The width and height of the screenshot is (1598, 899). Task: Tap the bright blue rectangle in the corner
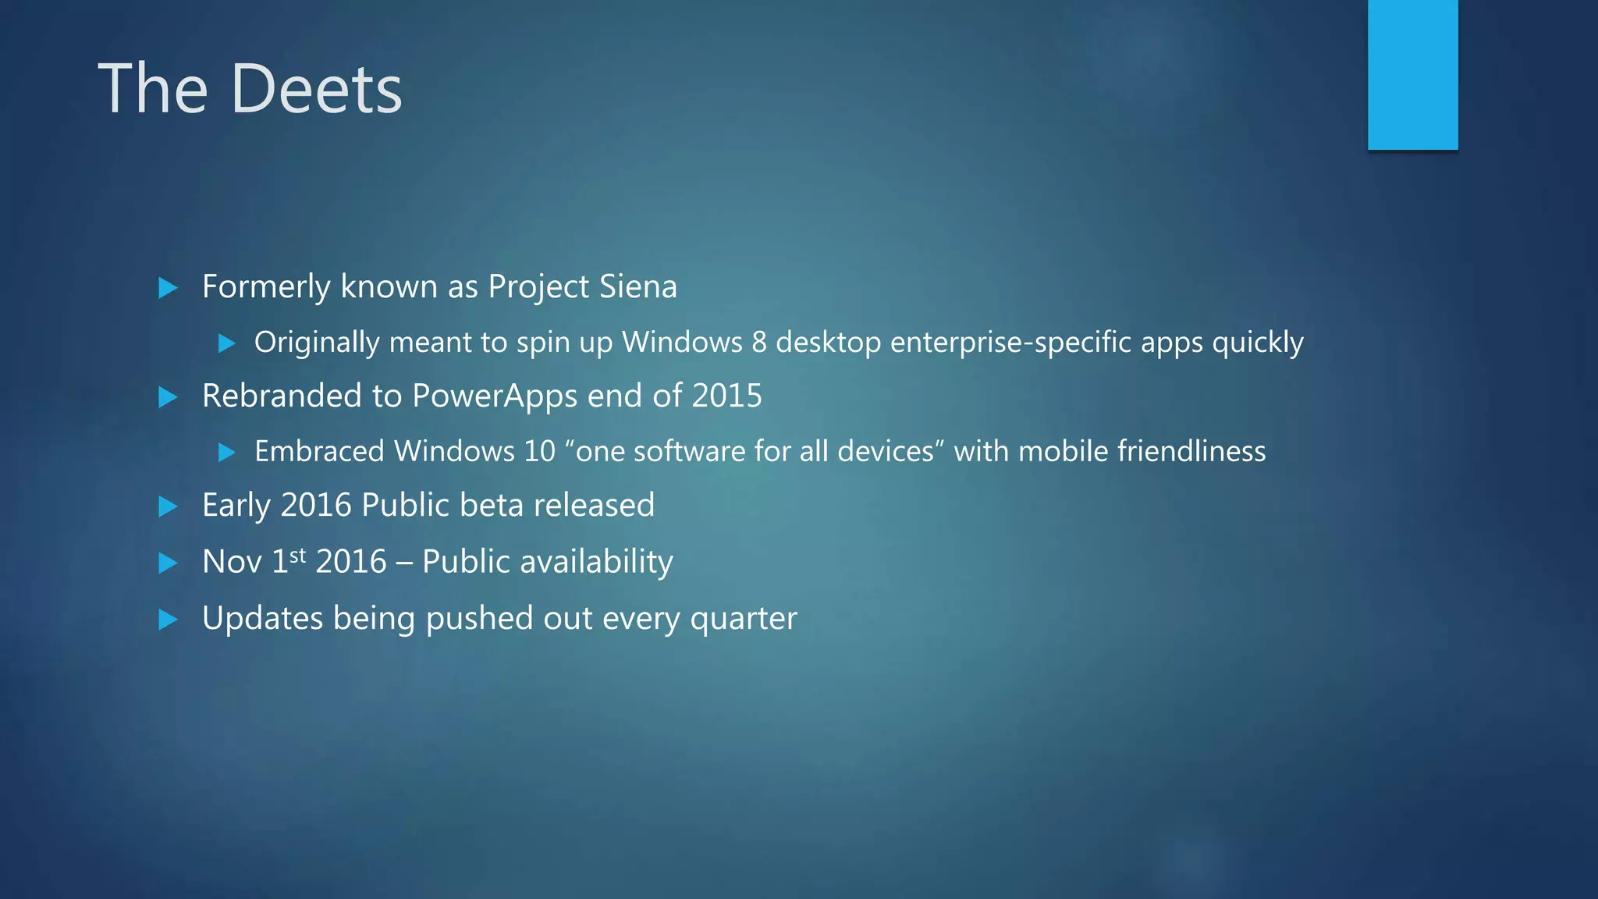tap(1412, 74)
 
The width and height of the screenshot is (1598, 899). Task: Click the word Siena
tap(639, 286)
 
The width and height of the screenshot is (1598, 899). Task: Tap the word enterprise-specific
tap(1010, 343)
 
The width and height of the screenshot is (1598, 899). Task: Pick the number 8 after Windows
tap(759, 343)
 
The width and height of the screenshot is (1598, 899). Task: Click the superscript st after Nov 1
tap(297, 555)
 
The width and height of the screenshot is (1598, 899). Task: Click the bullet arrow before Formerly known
tap(168, 288)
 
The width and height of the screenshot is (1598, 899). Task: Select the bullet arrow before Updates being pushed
tap(168, 620)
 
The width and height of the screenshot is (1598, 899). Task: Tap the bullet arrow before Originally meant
tap(226, 343)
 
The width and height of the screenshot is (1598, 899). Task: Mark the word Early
tap(236, 506)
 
